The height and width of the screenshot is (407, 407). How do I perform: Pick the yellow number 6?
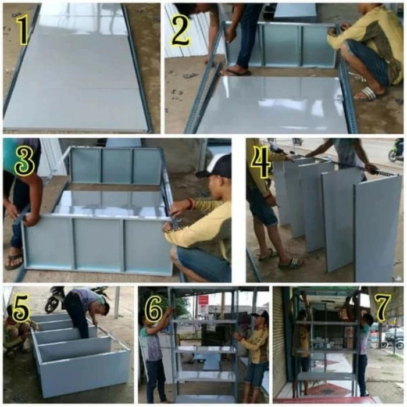[x=154, y=309]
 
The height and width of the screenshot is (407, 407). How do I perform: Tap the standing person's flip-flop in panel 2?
[x=235, y=72]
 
